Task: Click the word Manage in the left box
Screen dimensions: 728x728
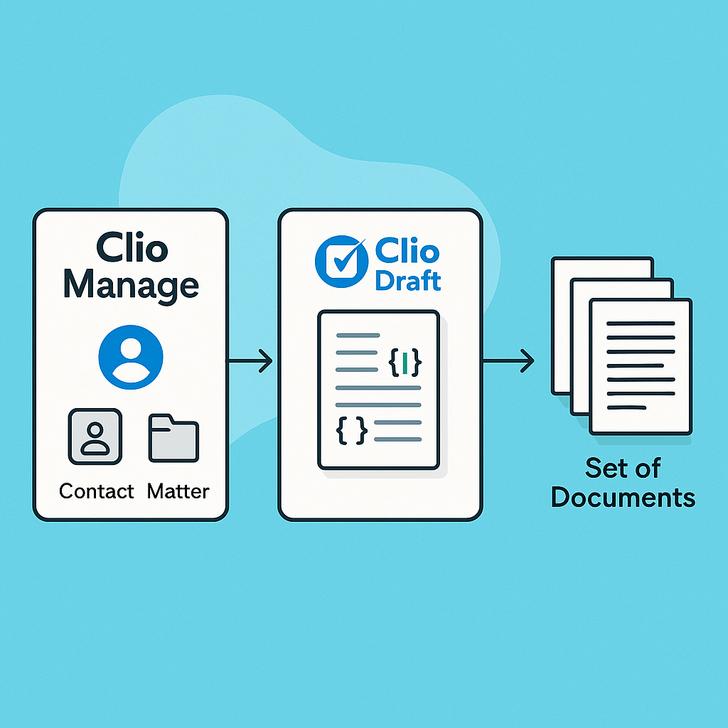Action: pos(131,284)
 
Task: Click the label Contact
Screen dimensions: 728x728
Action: pos(97,491)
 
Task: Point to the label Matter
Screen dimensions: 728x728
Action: pos(178,491)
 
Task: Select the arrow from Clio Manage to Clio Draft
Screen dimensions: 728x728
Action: pos(250,360)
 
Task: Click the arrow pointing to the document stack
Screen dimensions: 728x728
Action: pos(509,361)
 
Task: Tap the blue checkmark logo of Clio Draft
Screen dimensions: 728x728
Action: pos(341,262)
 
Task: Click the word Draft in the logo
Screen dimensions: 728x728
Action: pos(408,280)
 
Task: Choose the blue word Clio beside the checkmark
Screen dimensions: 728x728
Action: pos(407,250)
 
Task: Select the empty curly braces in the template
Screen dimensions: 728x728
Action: pos(352,429)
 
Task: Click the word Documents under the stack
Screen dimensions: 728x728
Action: pos(623,497)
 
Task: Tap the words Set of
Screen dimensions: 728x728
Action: pos(623,468)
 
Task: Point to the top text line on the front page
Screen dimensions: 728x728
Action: pos(640,324)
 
